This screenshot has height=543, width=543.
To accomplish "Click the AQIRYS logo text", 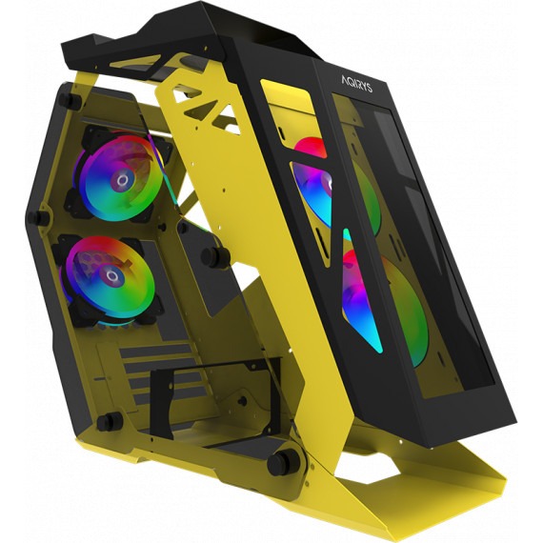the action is tap(356, 84).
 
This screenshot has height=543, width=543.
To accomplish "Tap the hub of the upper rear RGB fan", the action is tap(122, 180).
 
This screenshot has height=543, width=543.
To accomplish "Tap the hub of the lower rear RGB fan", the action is tap(111, 275).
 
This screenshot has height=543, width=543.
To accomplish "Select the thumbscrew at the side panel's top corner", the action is tap(70, 99).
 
